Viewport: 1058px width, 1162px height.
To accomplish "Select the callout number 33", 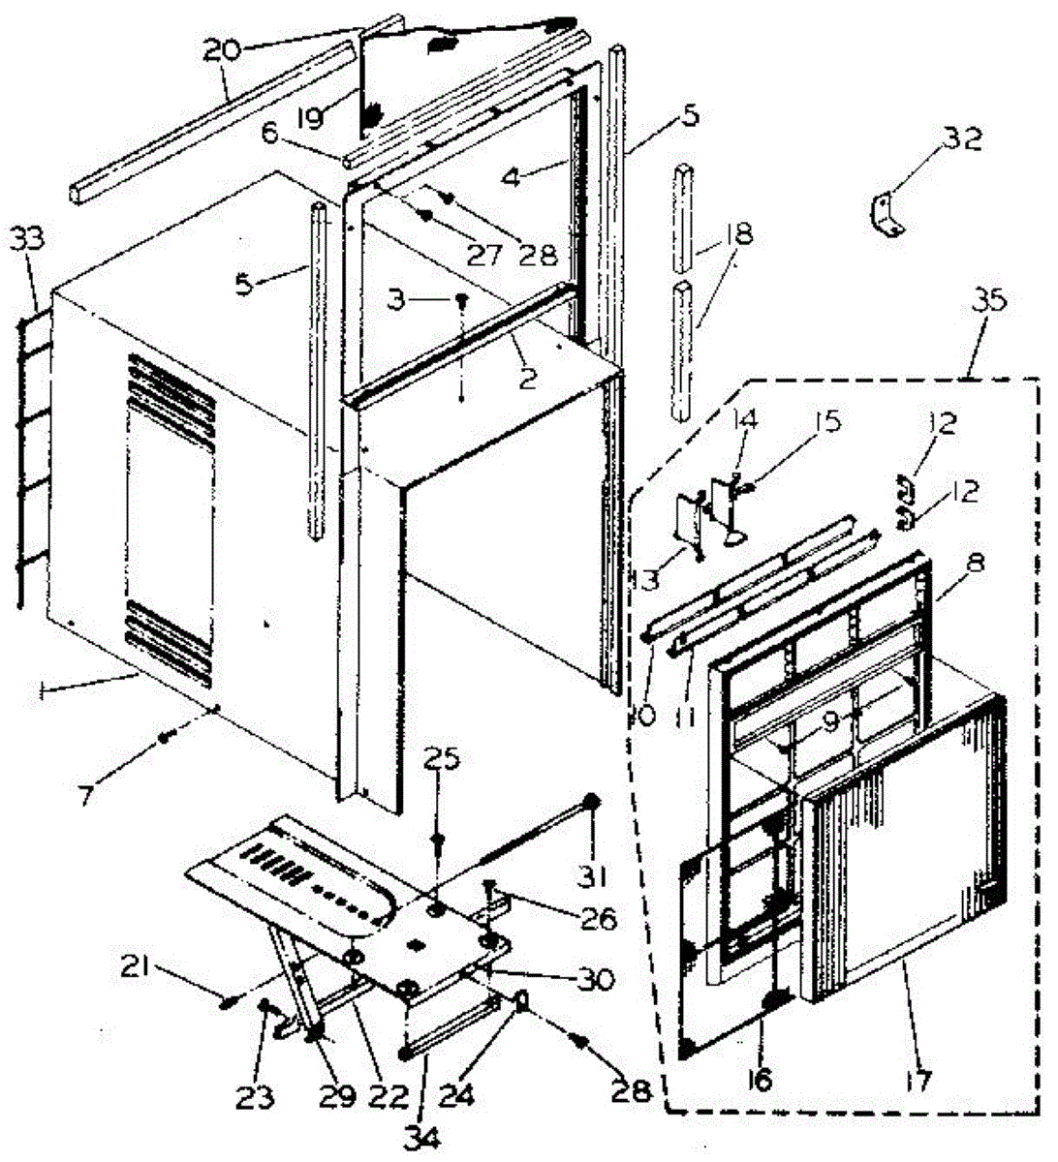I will (33, 238).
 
